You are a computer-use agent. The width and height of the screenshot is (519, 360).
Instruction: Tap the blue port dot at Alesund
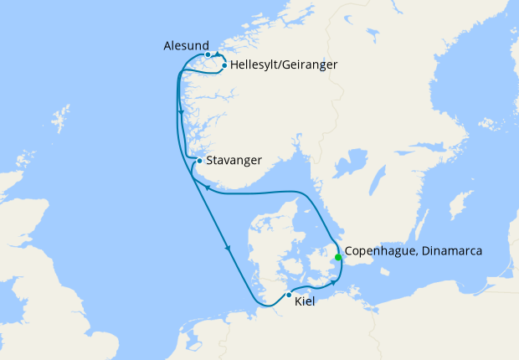click(208, 55)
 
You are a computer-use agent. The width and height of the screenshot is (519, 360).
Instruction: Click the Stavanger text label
click(235, 160)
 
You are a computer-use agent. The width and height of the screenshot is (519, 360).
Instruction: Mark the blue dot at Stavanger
click(198, 161)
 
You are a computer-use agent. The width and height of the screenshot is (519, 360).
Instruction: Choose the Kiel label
click(306, 301)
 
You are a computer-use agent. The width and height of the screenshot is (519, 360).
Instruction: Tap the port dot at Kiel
click(289, 295)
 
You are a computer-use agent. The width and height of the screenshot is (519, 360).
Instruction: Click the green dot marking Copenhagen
click(337, 257)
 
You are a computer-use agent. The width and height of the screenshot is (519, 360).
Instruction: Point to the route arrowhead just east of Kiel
click(333, 283)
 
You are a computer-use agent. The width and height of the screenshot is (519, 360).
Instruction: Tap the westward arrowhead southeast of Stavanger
click(205, 192)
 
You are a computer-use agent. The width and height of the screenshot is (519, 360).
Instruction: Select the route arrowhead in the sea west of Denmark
click(227, 248)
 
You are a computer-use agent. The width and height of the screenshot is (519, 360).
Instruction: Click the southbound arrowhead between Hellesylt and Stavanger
click(181, 113)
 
